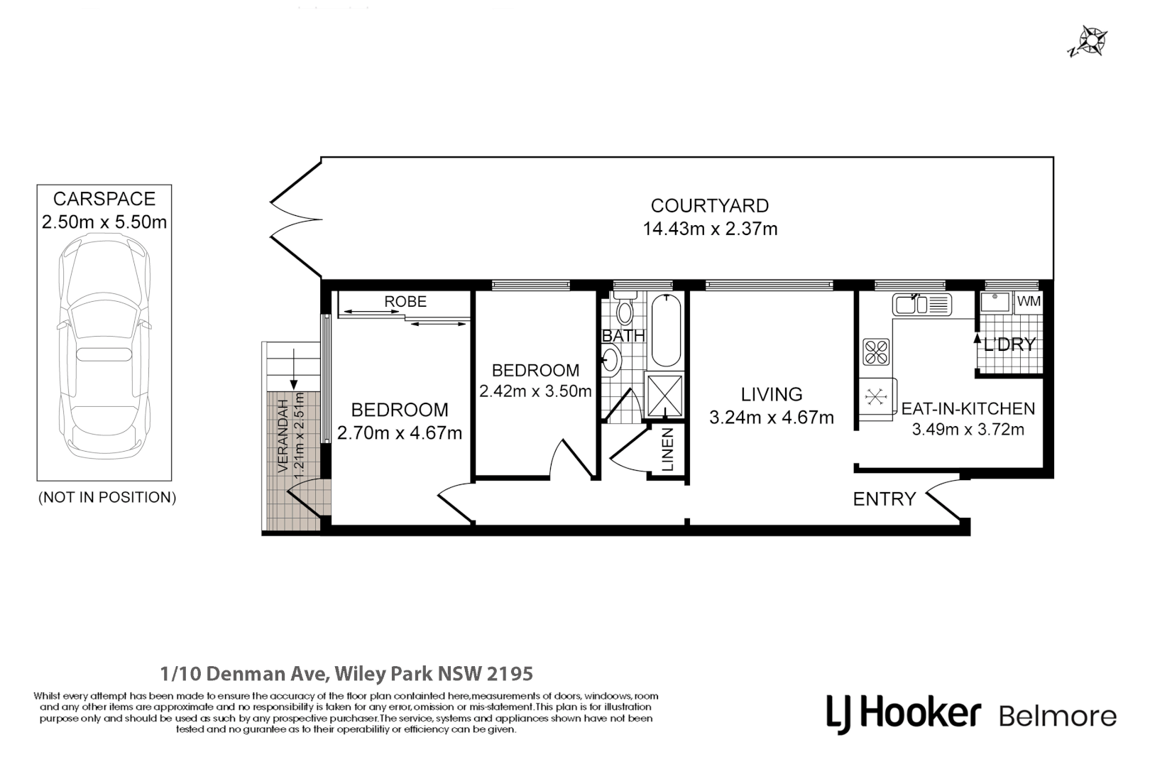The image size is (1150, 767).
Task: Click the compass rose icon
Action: pyautogui.click(x=1090, y=41)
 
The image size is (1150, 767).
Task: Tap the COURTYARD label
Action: pyautogui.click(x=709, y=206)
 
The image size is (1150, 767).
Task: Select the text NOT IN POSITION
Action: pyautogui.click(x=106, y=497)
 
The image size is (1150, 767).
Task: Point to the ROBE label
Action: pyautogui.click(x=405, y=302)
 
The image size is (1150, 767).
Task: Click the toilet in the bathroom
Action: pyautogui.click(x=625, y=312)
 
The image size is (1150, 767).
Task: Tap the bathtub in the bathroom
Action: pyautogui.click(x=665, y=330)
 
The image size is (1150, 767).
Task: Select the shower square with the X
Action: pyautogui.click(x=664, y=396)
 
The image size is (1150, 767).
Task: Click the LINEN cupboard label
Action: pyautogui.click(x=668, y=450)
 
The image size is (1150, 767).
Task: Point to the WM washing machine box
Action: pyautogui.click(x=1028, y=302)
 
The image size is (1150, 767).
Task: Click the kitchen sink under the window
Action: pyautogui.click(x=921, y=305)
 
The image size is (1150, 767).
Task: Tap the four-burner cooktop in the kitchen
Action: pyautogui.click(x=875, y=352)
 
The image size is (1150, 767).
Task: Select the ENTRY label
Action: pyautogui.click(x=884, y=499)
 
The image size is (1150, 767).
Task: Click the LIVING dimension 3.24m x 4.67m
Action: pyautogui.click(x=771, y=418)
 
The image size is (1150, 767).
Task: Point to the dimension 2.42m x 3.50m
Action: pyautogui.click(x=535, y=391)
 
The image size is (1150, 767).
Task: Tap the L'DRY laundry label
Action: pyautogui.click(x=1009, y=345)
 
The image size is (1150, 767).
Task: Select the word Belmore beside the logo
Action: pyautogui.click(x=1057, y=716)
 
